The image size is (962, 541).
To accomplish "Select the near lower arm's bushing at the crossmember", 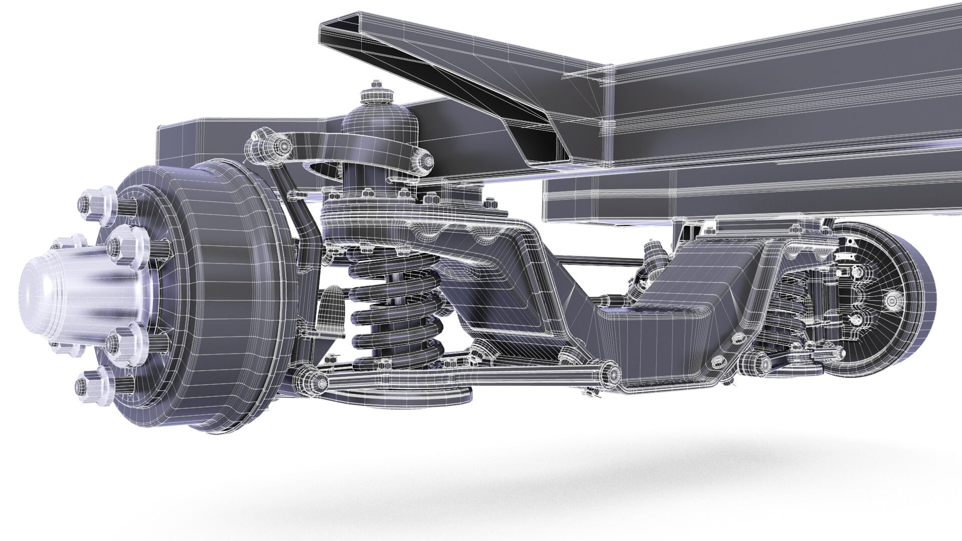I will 609,372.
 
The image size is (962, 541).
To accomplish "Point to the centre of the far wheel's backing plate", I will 892,301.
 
